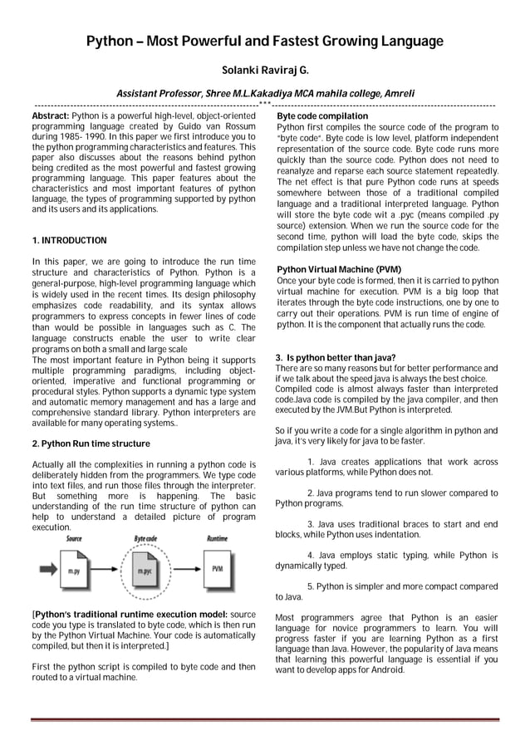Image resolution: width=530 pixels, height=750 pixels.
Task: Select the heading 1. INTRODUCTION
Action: coord(69,241)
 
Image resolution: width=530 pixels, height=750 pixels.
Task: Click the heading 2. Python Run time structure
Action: coord(91,444)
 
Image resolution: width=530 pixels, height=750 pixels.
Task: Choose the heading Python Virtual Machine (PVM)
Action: coord(327,270)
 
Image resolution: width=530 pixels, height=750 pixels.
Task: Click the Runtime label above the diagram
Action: coord(217,539)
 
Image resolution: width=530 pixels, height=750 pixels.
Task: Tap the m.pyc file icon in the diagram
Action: coord(145,571)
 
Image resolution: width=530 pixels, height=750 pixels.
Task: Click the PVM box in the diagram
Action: coord(217,569)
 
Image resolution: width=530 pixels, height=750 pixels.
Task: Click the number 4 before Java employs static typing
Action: coord(310,555)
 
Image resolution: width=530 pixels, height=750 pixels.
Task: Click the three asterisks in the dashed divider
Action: coord(265,105)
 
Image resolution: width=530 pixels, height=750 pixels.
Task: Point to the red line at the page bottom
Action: coord(265,719)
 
